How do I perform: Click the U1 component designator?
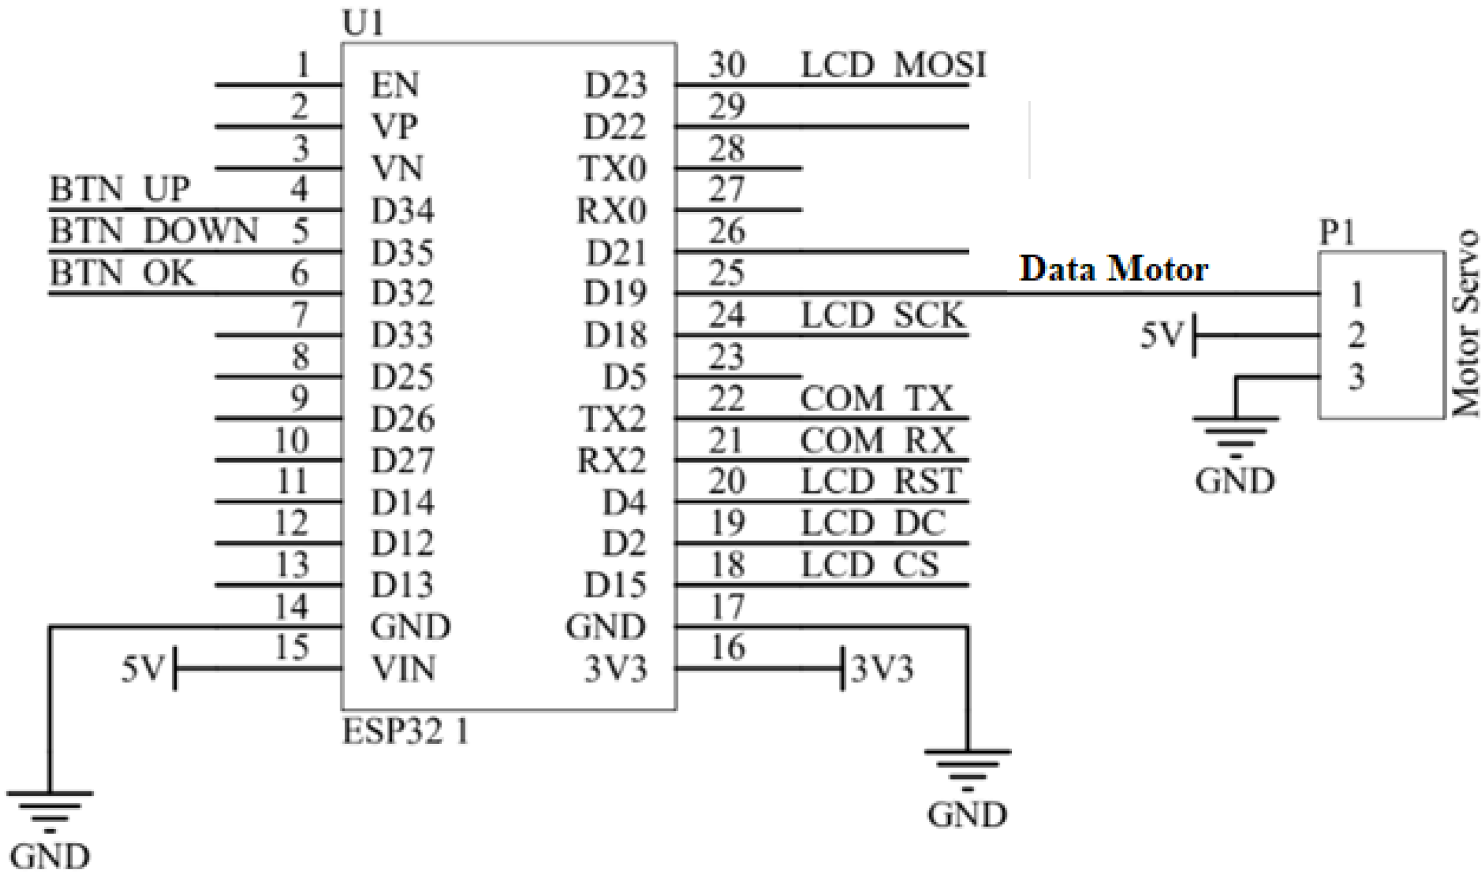pyautogui.click(x=363, y=24)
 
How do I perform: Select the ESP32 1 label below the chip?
pyautogui.click(x=406, y=732)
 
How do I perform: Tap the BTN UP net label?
pyautogui.click(x=120, y=190)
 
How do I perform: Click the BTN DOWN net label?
pyautogui.click(x=154, y=231)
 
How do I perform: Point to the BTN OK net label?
pyautogui.click(x=121, y=273)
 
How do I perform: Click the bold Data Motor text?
pyautogui.click(x=1113, y=269)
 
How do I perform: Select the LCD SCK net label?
pyautogui.click(x=883, y=316)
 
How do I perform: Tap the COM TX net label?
pyautogui.click(x=877, y=399)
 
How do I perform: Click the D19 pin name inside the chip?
pyautogui.click(x=615, y=294)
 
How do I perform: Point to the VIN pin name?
pyautogui.click(x=403, y=669)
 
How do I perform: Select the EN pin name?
pyautogui.click(x=395, y=86)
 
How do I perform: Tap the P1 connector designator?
pyautogui.click(x=1337, y=233)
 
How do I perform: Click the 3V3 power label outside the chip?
pyautogui.click(x=883, y=669)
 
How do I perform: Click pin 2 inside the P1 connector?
pyautogui.click(x=1357, y=335)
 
